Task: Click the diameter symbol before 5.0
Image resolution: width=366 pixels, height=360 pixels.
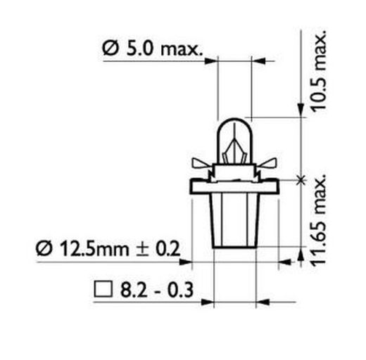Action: tap(110, 50)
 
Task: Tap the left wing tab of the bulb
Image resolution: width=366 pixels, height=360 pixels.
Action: tap(201, 166)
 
